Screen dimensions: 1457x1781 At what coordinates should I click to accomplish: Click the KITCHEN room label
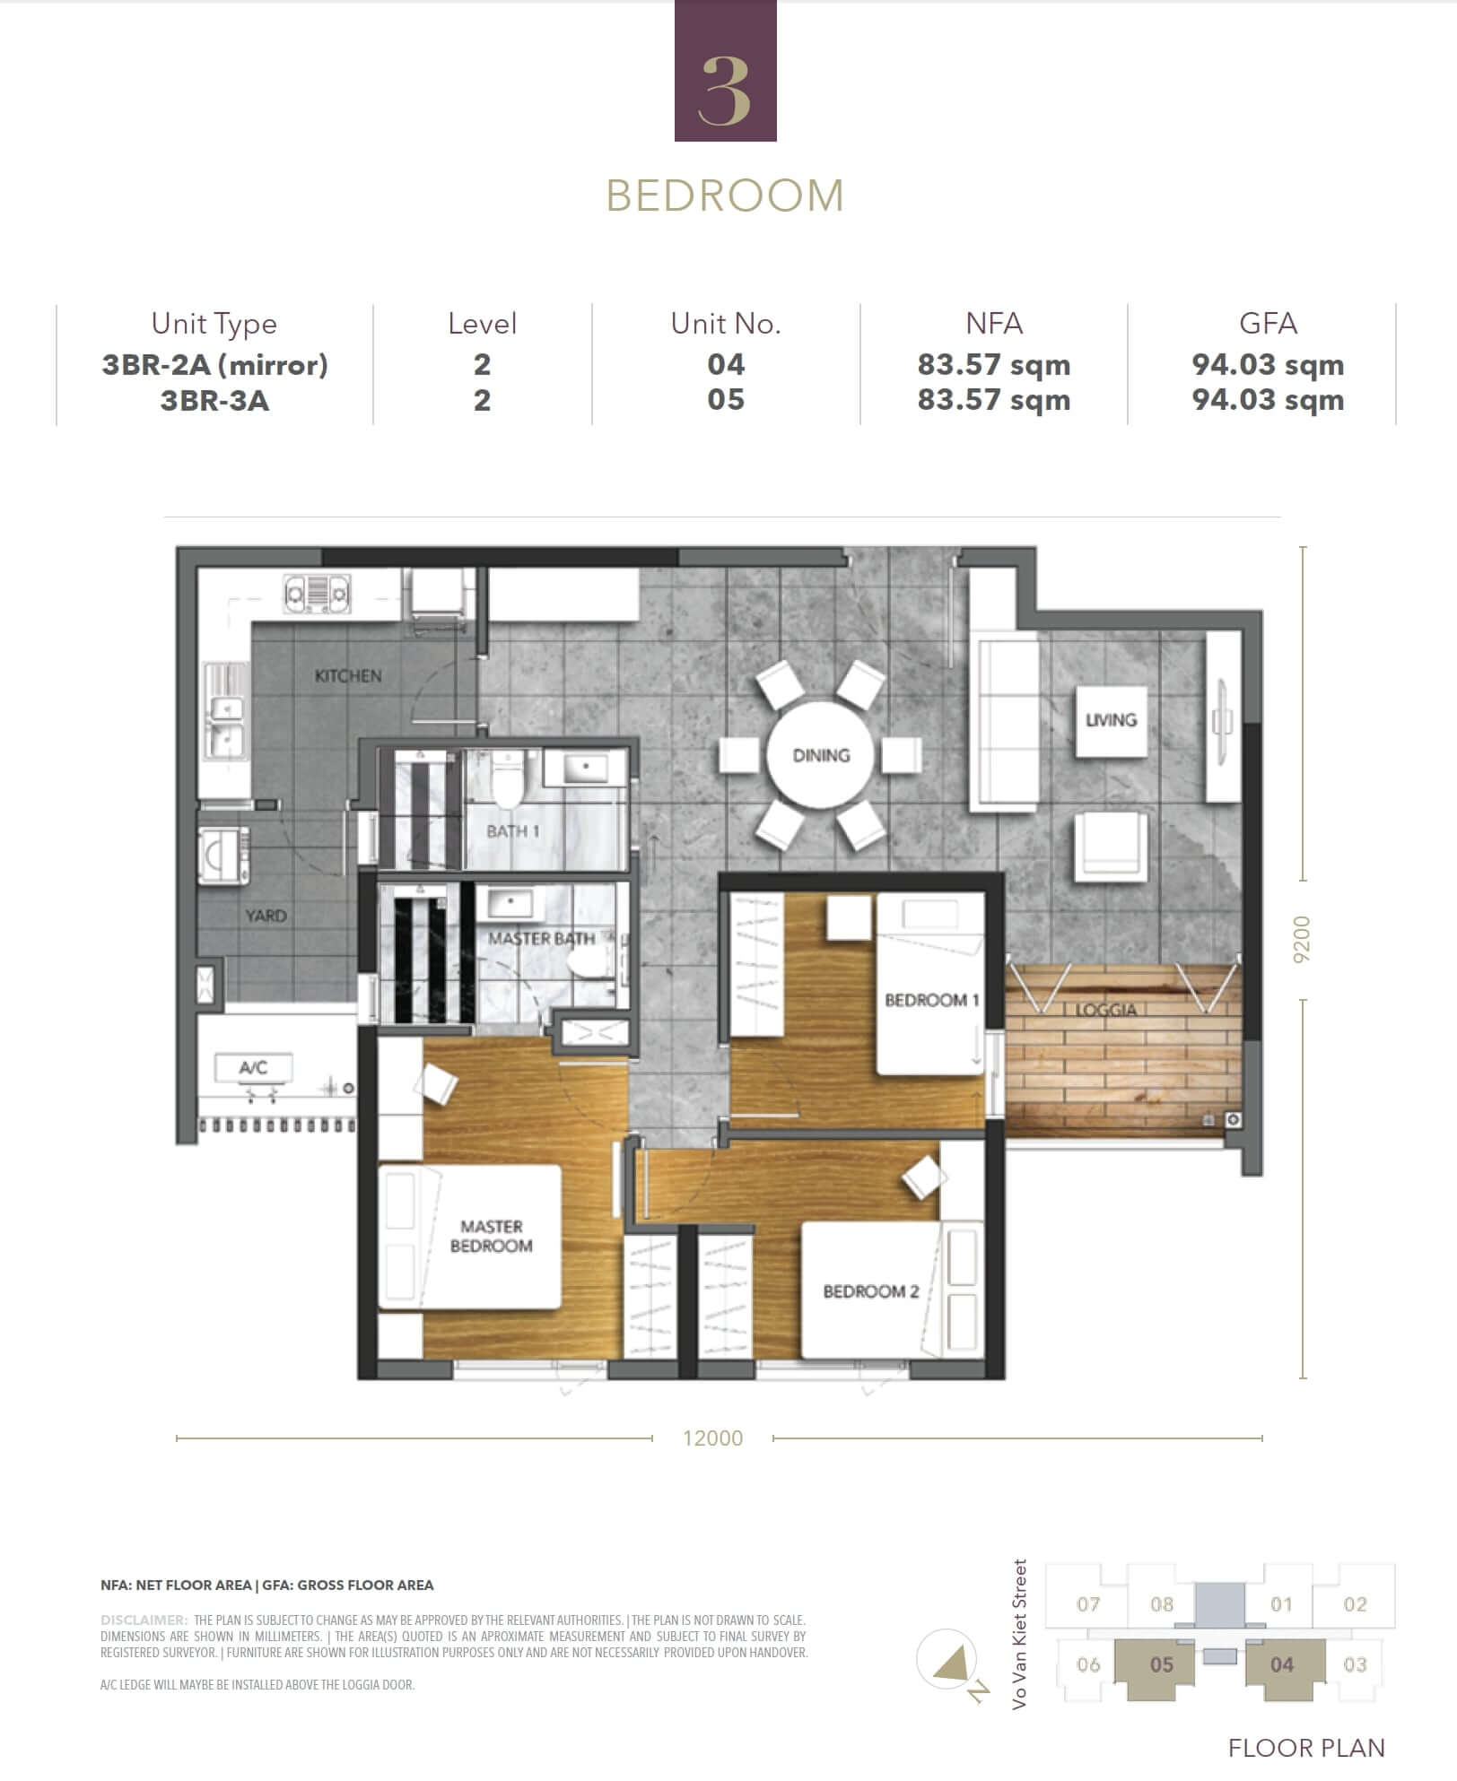click(348, 675)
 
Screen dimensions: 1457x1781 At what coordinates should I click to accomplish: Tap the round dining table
click(821, 755)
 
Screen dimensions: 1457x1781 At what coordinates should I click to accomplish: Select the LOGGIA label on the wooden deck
click(1106, 1010)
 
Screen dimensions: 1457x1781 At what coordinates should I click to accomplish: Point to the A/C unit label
click(253, 1067)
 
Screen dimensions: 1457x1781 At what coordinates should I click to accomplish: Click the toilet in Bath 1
click(507, 778)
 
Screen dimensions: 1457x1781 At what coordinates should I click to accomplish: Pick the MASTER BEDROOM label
click(492, 1236)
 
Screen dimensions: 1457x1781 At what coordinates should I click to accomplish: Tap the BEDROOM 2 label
click(871, 1291)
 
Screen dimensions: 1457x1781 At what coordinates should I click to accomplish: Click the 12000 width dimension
click(713, 1438)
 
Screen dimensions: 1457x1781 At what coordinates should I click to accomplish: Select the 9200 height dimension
click(1302, 940)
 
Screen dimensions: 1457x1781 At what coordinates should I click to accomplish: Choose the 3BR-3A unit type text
click(214, 400)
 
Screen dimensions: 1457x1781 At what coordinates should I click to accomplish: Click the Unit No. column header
click(726, 323)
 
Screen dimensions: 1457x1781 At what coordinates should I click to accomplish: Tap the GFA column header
click(1268, 323)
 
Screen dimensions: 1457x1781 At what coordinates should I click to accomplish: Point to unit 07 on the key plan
click(1088, 1604)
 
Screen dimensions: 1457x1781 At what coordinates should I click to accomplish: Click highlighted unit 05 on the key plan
click(1162, 1665)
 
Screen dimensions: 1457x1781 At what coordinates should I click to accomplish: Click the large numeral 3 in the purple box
click(725, 90)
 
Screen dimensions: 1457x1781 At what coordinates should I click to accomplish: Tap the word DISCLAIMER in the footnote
click(144, 1620)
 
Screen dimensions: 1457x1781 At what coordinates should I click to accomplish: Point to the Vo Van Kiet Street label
click(1019, 1634)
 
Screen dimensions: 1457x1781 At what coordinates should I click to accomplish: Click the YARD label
click(266, 916)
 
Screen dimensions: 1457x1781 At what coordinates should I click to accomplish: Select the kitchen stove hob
click(317, 593)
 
